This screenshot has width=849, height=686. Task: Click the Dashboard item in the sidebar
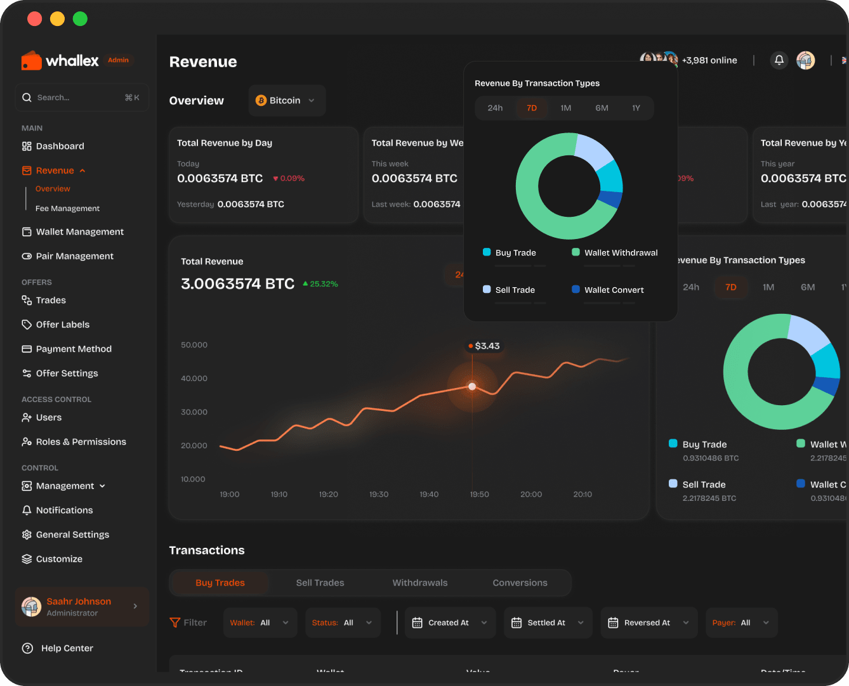click(60, 146)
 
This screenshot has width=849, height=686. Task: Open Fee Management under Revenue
click(67, 209)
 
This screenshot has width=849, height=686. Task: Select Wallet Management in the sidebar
click(79, 232)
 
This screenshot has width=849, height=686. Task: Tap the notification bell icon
click(779, 60)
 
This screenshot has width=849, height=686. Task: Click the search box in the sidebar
click(81, 98)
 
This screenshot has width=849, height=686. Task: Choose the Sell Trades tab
click(320, 583)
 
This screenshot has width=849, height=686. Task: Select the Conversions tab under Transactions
click(520, 583)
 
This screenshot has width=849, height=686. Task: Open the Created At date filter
click(450, 623)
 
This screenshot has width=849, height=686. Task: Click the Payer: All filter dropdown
click(740, 623)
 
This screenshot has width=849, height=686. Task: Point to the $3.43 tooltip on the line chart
click(484, 346)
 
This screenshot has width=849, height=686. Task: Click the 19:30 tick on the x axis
click(379, 495)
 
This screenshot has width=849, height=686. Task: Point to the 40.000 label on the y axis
click(194, 379)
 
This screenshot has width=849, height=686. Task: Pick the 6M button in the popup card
click(602, 108)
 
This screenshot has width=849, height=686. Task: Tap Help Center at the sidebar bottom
click(67, 648)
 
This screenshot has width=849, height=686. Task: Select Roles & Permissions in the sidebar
click(81, 442)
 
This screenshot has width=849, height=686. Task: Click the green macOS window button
click(80, 19)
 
